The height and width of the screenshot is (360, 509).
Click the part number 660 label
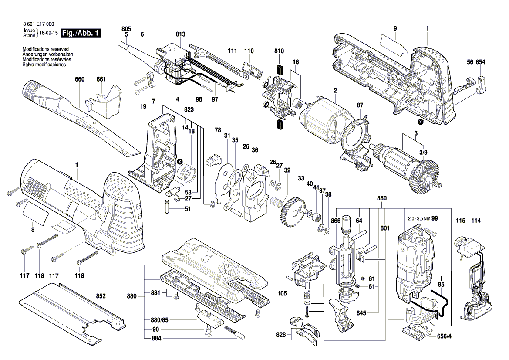click(x=80, y=79)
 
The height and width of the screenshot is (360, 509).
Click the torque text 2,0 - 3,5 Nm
click(x=419, y=218)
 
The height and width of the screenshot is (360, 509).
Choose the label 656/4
click(x=444, y=337)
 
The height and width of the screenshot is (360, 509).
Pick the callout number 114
click(x=476, y=221)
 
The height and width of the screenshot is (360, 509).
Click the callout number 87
click(x=360, y=105)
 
